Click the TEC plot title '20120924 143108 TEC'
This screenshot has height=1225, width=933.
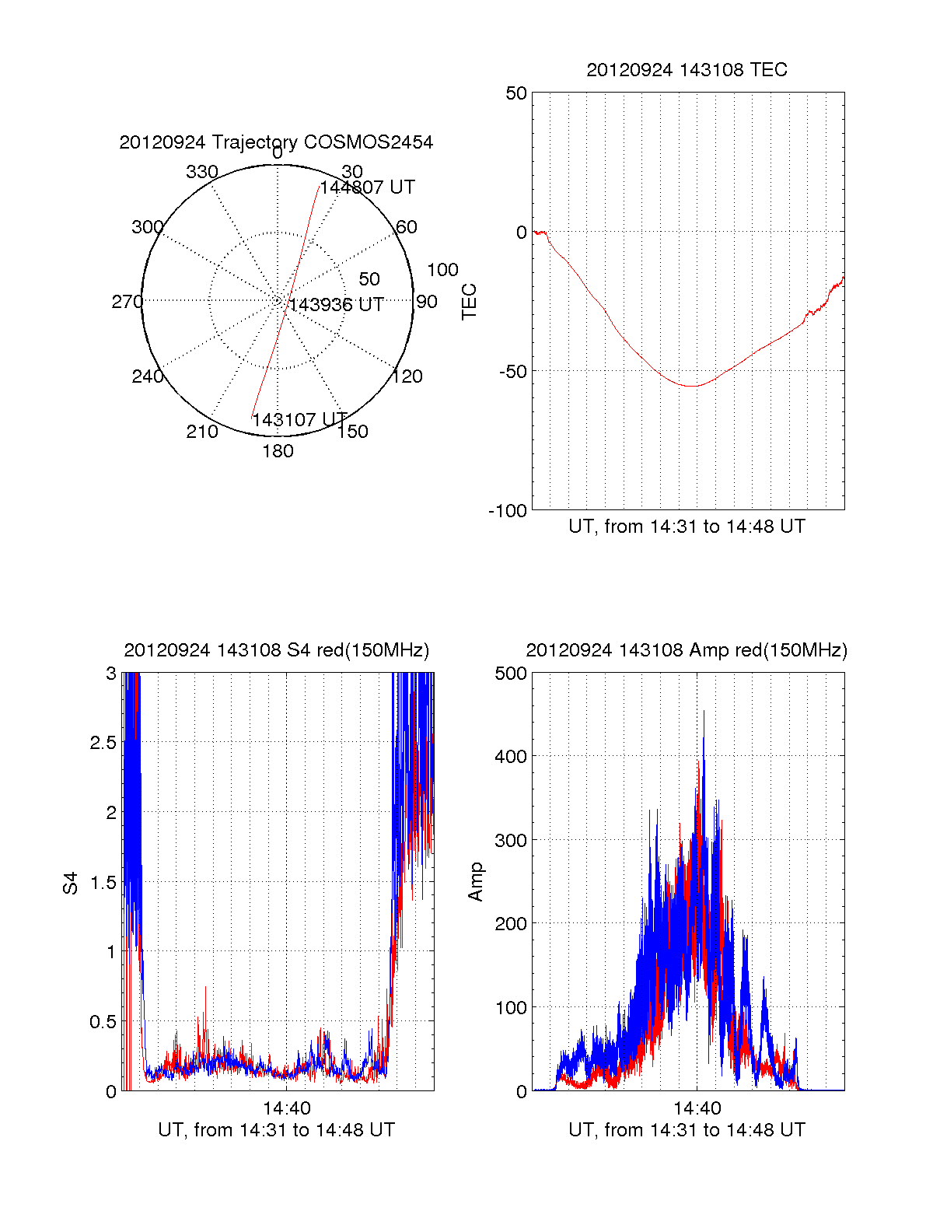coord(687,70)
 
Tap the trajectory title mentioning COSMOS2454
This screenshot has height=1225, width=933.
coord(276,142)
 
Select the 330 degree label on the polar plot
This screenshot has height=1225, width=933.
coord(202,172)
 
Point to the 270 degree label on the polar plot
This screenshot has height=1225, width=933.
coord(127,302)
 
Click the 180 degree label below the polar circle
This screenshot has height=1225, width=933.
coord(278,451)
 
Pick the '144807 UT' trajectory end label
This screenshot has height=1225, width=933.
coord(367,187)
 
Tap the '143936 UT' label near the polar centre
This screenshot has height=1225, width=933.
coord(336,305)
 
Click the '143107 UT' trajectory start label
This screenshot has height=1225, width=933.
coord(299,420)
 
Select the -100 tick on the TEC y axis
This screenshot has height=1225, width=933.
coord(508,511)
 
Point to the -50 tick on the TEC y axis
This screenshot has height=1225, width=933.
coord(512,371)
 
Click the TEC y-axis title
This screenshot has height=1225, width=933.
coord(470,302)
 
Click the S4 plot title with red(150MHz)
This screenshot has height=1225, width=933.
coord(276,650)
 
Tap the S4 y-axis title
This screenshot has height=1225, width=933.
coord(71,883)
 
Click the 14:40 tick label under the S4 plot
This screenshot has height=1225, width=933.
coord(286,1108)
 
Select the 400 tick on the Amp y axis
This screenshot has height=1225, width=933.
coord(511,756)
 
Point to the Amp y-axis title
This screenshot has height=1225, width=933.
coord(476,882)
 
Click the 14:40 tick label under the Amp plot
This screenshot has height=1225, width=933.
coord(697,1108)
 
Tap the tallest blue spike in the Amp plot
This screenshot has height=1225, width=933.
coord(704,712)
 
